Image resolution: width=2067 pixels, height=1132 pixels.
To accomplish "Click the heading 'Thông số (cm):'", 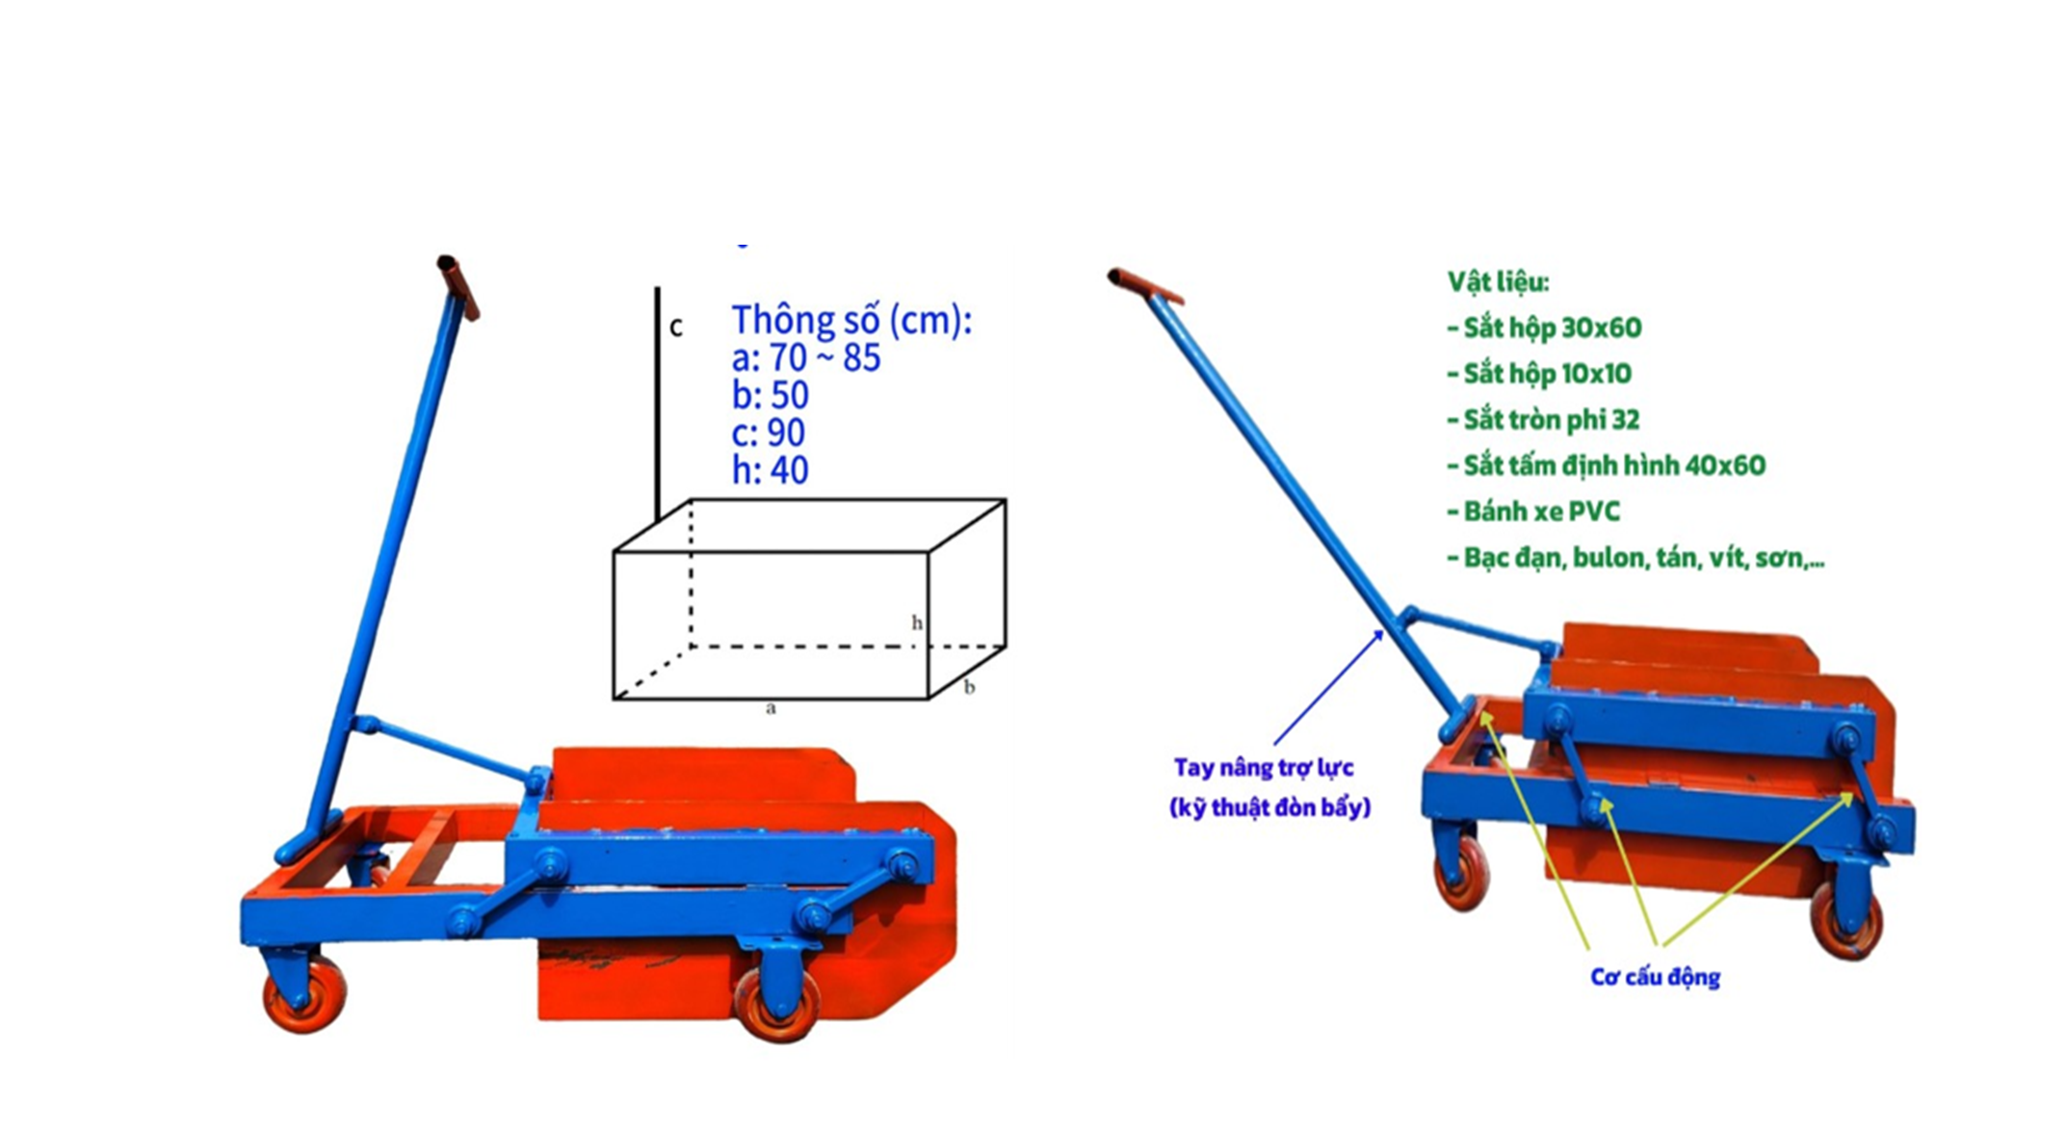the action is tap(851, 320).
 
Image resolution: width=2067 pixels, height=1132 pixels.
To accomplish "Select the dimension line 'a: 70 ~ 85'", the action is tap(806, 357).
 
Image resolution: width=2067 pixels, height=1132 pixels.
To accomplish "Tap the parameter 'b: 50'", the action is tap(771, 395).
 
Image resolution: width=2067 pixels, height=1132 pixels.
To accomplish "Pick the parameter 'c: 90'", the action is tap(769, 433).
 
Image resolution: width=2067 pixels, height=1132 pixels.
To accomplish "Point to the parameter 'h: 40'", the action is tap(771, 470).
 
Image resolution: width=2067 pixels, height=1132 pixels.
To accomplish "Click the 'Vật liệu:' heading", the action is tap(1498, 282).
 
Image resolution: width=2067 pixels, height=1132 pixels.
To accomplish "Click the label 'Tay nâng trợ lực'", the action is tap(1264, 768).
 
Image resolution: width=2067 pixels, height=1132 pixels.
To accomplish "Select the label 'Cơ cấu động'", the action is tap(1655, 977).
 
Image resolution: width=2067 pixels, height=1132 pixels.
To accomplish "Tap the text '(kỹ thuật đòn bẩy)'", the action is tap(1269, 807).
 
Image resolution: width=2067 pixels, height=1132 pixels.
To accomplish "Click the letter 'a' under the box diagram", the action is tap(771, 709).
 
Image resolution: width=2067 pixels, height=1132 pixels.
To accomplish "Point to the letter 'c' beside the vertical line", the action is tap(676, 329).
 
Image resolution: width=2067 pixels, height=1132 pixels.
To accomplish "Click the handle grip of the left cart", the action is tap(458, 287).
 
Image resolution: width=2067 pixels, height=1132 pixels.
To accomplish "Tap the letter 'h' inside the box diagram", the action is tap(917, 622).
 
